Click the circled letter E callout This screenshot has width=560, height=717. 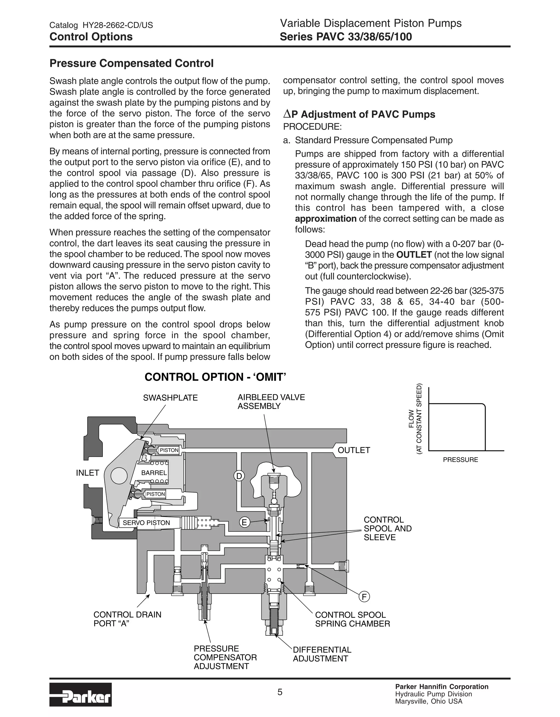(244, 522)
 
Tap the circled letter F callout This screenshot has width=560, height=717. (364, 597)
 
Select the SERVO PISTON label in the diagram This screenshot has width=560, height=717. (146, 523)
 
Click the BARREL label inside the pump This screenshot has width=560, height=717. (154, 473)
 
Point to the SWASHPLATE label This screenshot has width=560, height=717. (170, 398)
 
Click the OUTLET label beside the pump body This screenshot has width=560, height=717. (354, 450)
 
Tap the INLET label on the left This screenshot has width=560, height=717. (87, 473)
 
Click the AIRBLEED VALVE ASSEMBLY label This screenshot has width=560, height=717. (271, 401)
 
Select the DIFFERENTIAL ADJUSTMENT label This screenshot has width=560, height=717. (322, 654)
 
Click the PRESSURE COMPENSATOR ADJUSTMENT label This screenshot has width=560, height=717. (225, 657)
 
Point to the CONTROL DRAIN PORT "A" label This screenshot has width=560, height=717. (127, 619)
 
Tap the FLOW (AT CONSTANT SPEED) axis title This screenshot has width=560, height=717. (415, 419)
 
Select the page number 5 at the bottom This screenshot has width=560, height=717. (279, 692)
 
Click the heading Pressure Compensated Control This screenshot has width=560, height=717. (131, 63)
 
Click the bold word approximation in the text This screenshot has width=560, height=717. (325, 219)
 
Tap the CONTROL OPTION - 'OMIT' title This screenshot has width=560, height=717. (215, 377)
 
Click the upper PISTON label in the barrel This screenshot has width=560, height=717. (169, 450)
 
